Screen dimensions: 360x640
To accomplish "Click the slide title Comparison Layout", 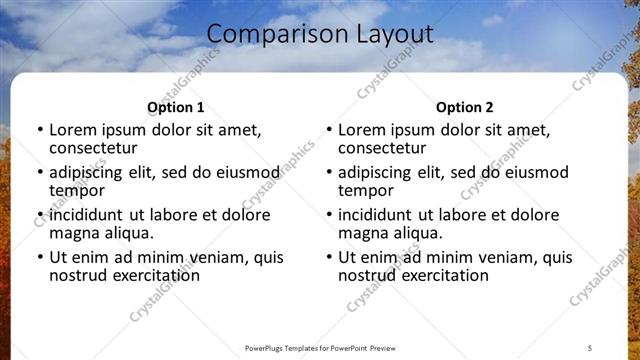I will [x=320, y=35].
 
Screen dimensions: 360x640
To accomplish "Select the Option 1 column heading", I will [x=175, y=107].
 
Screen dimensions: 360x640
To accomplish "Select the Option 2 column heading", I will [x=464, y=107].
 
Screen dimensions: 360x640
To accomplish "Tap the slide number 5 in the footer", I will [x=590, y=347].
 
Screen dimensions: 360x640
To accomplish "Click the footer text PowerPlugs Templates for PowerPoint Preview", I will [x=319, y=347].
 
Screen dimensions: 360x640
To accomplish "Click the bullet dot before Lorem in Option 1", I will [x=39, y=130].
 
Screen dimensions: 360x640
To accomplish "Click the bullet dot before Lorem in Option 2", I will [x=328, y=130].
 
